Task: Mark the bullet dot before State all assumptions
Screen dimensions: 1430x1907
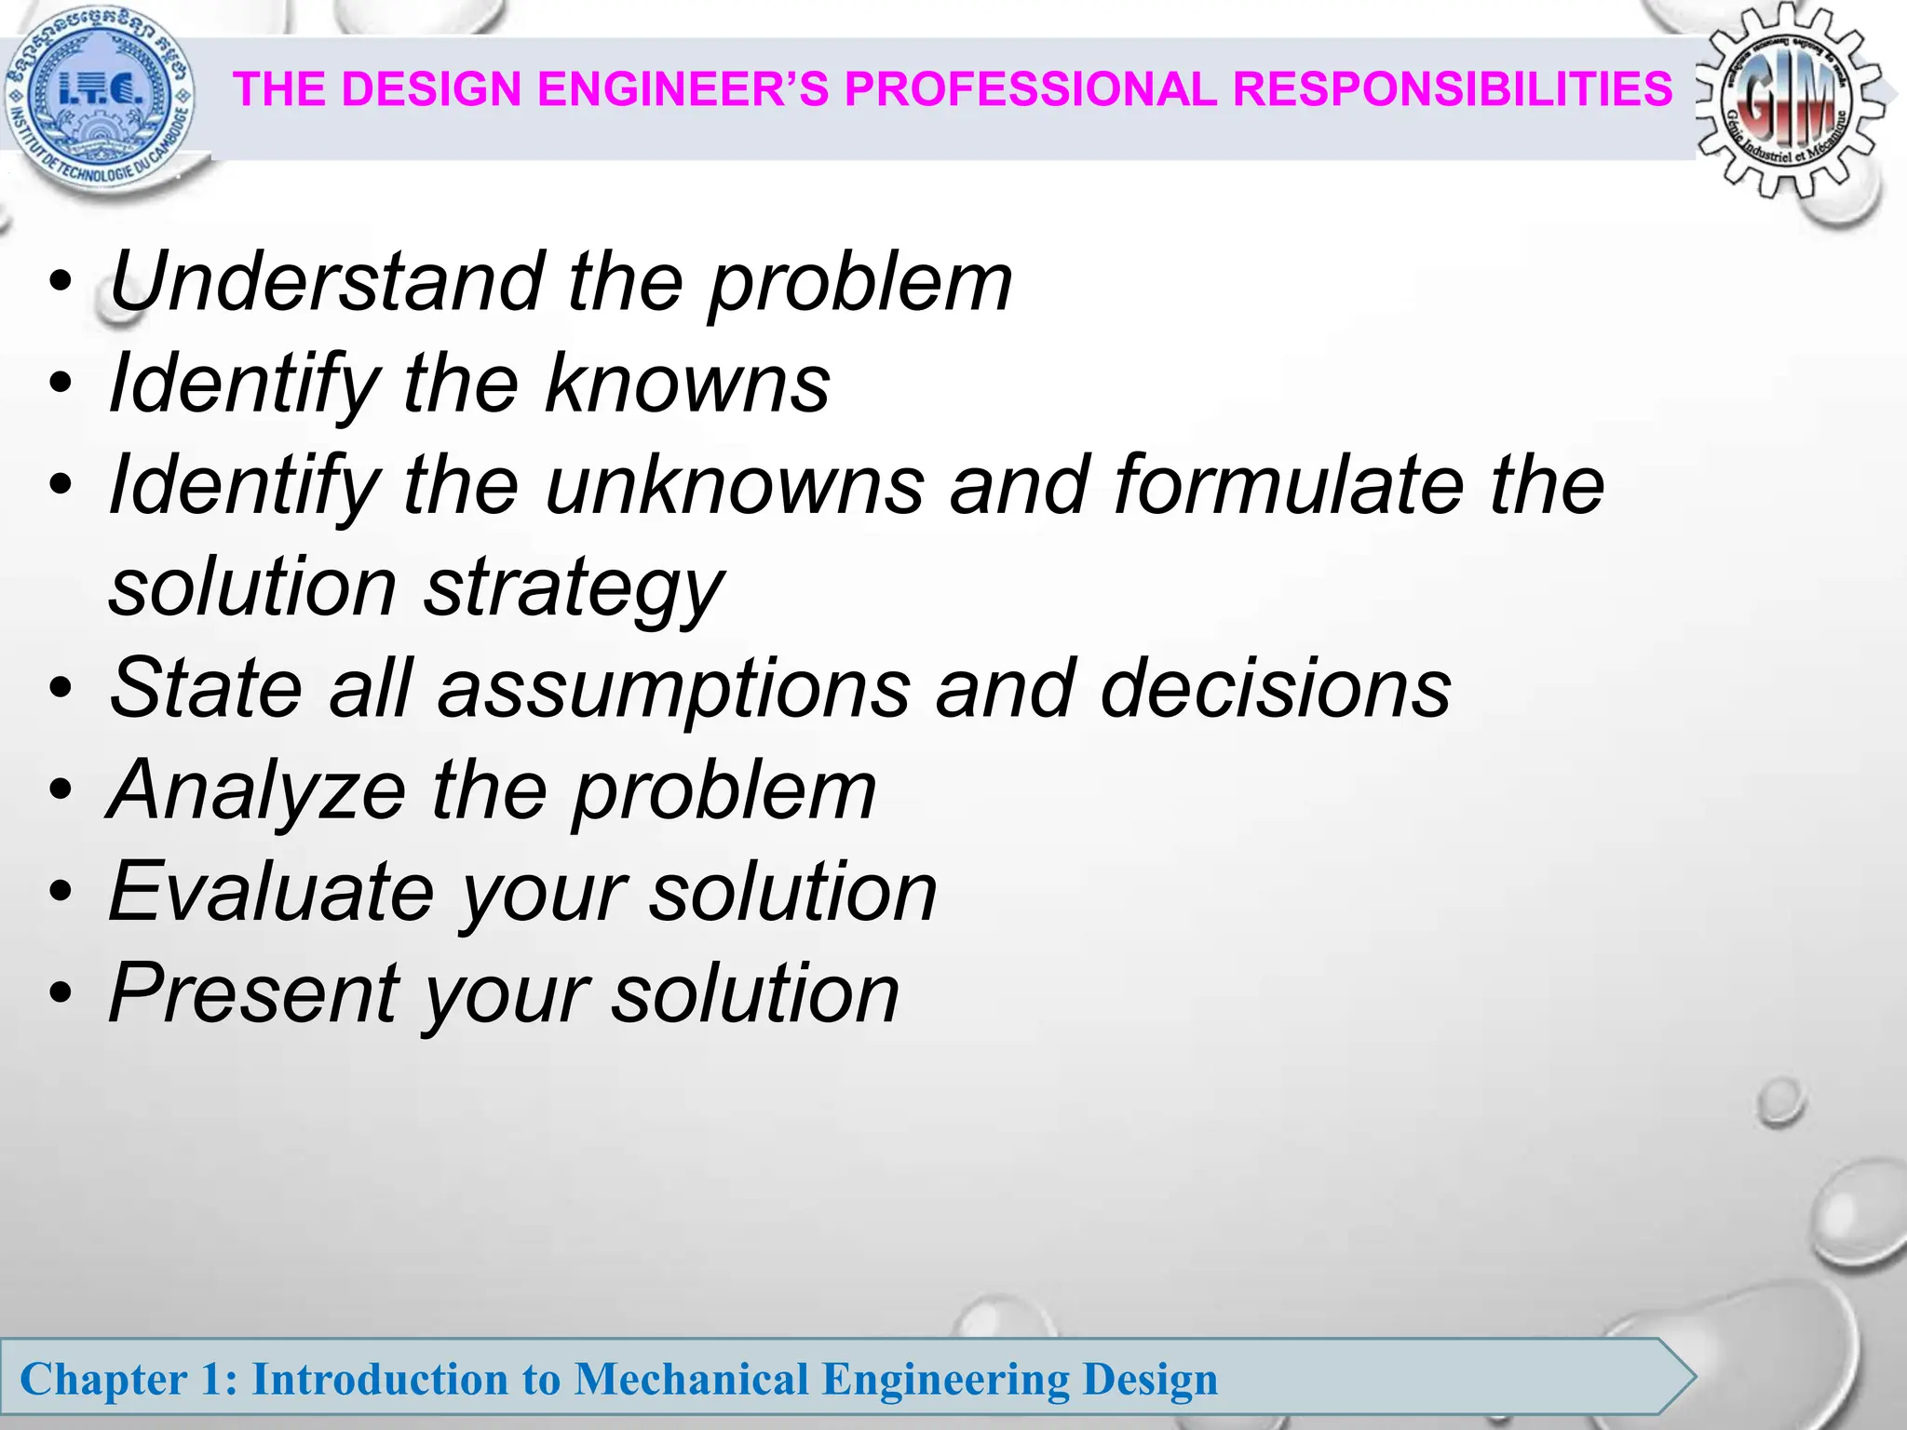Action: tap(61, 690)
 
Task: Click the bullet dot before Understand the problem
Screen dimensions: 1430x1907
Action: tap(61, 283)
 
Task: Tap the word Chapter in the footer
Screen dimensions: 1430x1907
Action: tap(103, 1379)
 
